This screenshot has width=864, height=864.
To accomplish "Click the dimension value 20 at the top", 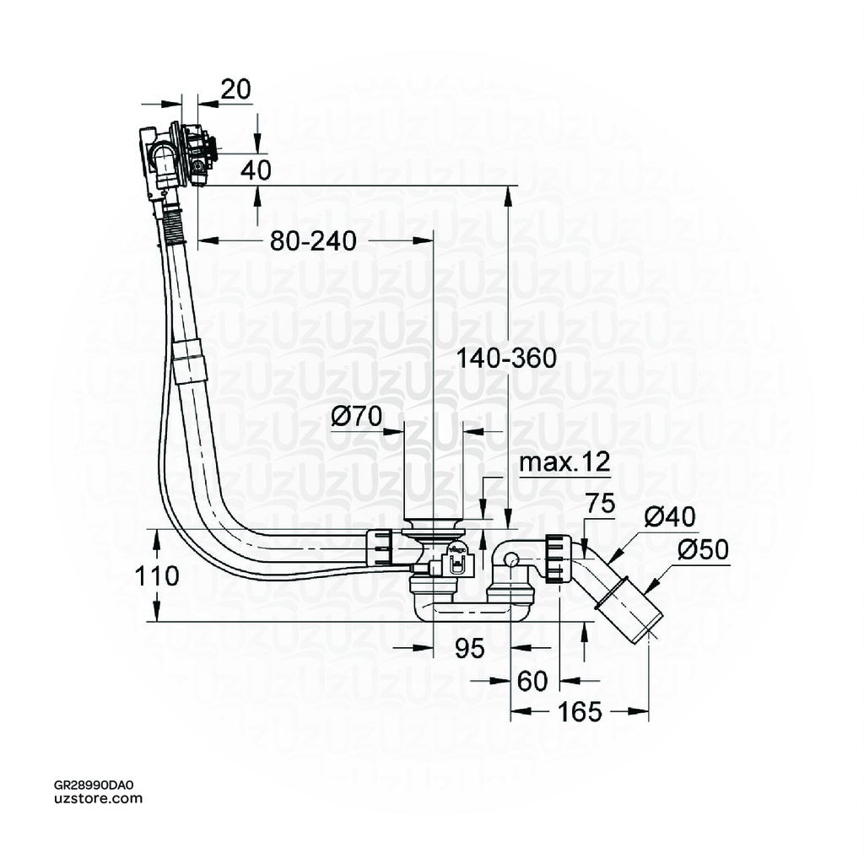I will [x=236, y=89].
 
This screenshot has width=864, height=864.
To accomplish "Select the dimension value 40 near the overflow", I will [x=255, y=170].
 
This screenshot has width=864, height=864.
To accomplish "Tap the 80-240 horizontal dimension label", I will [x=313, y=241].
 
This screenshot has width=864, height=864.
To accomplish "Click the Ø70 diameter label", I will [x=357, y=418].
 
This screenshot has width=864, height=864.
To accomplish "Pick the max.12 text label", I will [x=564, y=463].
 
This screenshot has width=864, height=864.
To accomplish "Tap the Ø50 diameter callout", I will [x=703, y=551].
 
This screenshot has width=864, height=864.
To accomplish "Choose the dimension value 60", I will [x=532, y=680].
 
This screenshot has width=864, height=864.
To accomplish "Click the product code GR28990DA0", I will [x=93, y=786].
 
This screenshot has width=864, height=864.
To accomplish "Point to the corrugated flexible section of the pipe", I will [x=174, y=224].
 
